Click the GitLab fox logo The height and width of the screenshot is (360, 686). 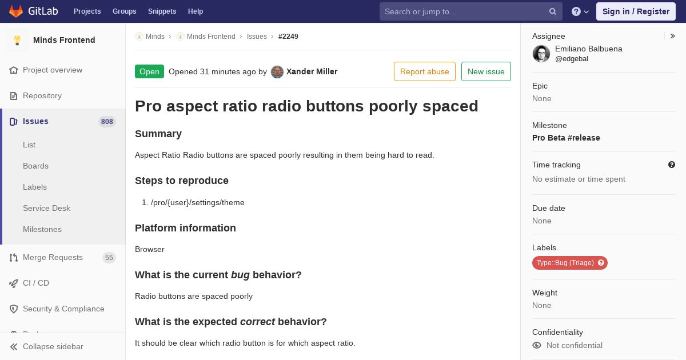point(16,11)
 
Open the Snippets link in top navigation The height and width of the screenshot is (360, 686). point(162,11)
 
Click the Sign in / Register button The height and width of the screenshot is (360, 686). point(636,11)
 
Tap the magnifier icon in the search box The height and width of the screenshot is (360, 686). point(552,11)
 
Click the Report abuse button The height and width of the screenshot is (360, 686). point(424,71)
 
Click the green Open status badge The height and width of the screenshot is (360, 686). point(149,71)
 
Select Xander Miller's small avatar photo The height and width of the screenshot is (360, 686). point(277,72)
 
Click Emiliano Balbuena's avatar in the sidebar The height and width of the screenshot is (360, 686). point(541,54)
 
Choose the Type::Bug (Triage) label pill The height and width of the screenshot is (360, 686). point(569,263)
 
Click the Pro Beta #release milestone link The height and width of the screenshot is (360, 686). point(566,138)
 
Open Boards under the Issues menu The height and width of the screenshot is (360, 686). point(36,166)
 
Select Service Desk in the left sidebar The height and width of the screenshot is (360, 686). point(46,208)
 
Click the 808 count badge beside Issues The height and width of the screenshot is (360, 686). point(107,122)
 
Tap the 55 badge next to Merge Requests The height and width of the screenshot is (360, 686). point(109,258)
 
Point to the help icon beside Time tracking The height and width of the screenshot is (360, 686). point(672,165)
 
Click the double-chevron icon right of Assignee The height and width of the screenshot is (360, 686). point(672,36)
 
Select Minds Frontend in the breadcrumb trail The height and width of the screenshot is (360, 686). point(211,37)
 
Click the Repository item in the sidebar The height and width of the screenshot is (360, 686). point(42,95)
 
